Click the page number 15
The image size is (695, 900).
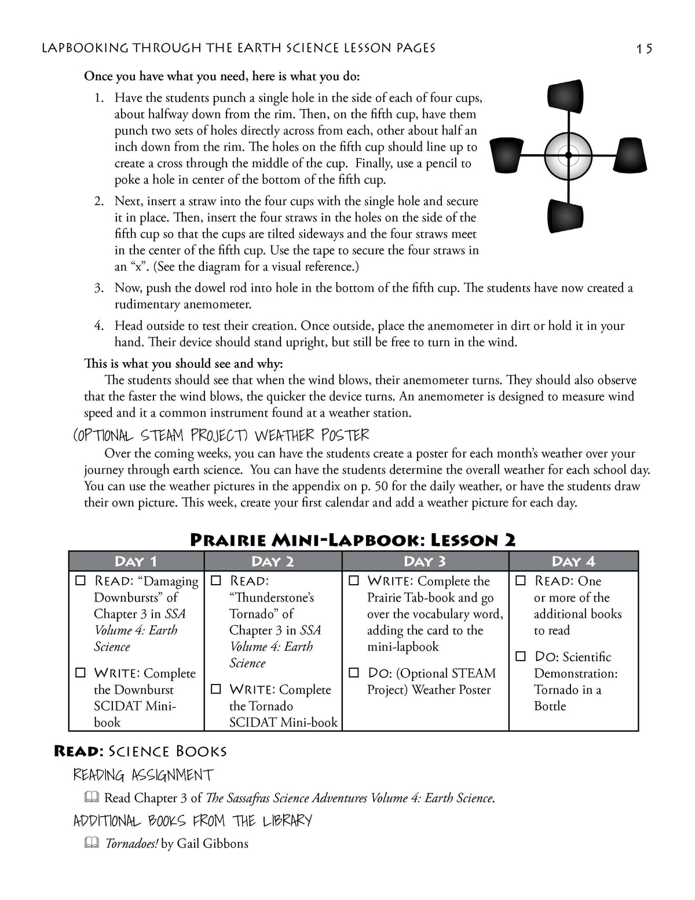[x=644, y=48]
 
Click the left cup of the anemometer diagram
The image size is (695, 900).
[x=506, y=155]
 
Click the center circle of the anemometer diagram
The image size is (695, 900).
[x=568, y=155]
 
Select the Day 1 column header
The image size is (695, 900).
[x=136, y=561]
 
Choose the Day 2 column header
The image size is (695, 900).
[x=273, y=561]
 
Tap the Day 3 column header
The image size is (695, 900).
[x=425, y=561]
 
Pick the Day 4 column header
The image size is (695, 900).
[x=573, y=561]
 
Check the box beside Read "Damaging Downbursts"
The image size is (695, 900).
[x=81, y=581]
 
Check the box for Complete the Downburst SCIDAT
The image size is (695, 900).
[x=81, y=673]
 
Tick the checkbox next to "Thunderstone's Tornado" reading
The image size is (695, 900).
[x=216, y=581]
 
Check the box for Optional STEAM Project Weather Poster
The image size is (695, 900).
[x=354, y=673]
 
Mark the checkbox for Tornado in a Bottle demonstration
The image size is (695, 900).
[x=521, y=657]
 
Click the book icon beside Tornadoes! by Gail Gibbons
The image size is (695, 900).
[x=91, y=843]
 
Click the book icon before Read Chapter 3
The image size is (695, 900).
[x=91, y=798]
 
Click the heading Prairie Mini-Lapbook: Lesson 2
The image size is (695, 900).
[x=353, y=540]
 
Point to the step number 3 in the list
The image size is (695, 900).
[x=99, y=288]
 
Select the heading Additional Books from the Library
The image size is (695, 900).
[x=193, y=821]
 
